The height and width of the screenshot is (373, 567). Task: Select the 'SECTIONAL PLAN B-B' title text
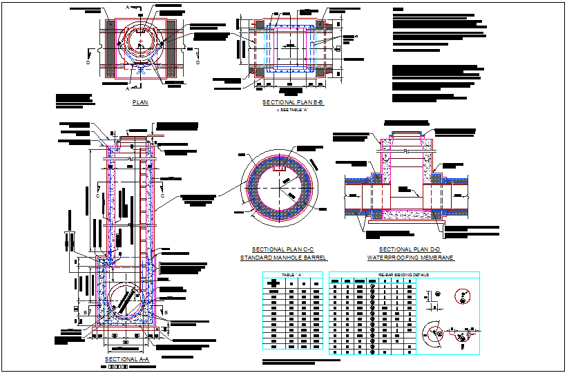(x=293, y=102)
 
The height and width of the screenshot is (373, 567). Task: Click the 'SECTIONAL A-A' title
(x=126, y=360)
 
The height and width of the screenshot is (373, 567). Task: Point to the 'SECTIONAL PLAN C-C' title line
(x=282, y=249)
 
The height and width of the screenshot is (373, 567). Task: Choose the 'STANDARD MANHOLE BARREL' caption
(x=282, y=258)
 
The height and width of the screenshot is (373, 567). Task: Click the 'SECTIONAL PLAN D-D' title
(x=410, y=249)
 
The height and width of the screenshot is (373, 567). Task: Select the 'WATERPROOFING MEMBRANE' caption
(x=410, y=258)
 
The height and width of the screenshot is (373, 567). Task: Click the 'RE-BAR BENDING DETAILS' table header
(x=403, y=275)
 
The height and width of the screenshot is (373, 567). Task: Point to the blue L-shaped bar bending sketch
(x=431, y=298)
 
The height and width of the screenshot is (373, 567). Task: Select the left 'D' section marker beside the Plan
(x=87, y=63)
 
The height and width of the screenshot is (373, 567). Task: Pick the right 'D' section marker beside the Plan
(x=198, y=63)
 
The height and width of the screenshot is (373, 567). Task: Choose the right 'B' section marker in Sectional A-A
(x=166, y=312)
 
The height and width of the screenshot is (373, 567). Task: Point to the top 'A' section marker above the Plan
(x=127, y=6)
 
